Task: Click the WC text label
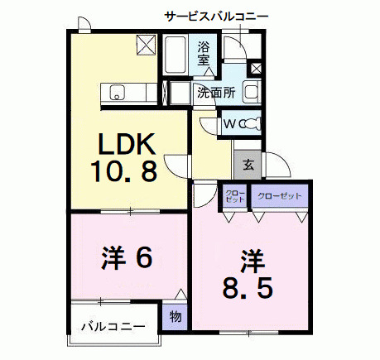(x=228, y=123)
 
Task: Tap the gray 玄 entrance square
(x=248, y=163)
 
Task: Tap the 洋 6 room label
(x=127, y=259)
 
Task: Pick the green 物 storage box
(x=175, y=314)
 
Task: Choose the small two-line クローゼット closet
(x=234, y=197)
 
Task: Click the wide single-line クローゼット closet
(x=279, y=197)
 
